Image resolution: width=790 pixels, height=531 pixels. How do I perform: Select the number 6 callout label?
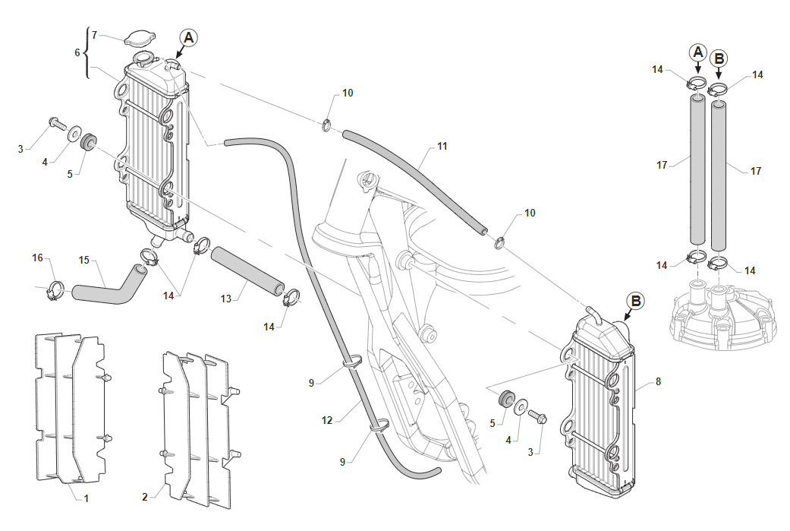[77, 52]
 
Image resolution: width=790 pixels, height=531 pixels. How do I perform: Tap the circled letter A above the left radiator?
[189, 37]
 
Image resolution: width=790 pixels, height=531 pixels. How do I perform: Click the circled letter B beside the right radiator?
[636, 301]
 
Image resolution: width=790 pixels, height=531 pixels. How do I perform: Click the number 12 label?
[328, 419]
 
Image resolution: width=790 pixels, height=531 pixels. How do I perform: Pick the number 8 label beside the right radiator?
[658, 381]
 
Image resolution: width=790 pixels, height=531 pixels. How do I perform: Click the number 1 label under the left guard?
[87, 498]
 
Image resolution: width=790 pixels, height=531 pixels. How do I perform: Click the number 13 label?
[225, 299]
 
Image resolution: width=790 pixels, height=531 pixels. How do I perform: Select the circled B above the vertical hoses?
[719, 58]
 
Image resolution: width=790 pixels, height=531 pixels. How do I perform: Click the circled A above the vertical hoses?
[697, 52]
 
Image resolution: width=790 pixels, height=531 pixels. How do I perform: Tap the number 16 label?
[37, 258]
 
